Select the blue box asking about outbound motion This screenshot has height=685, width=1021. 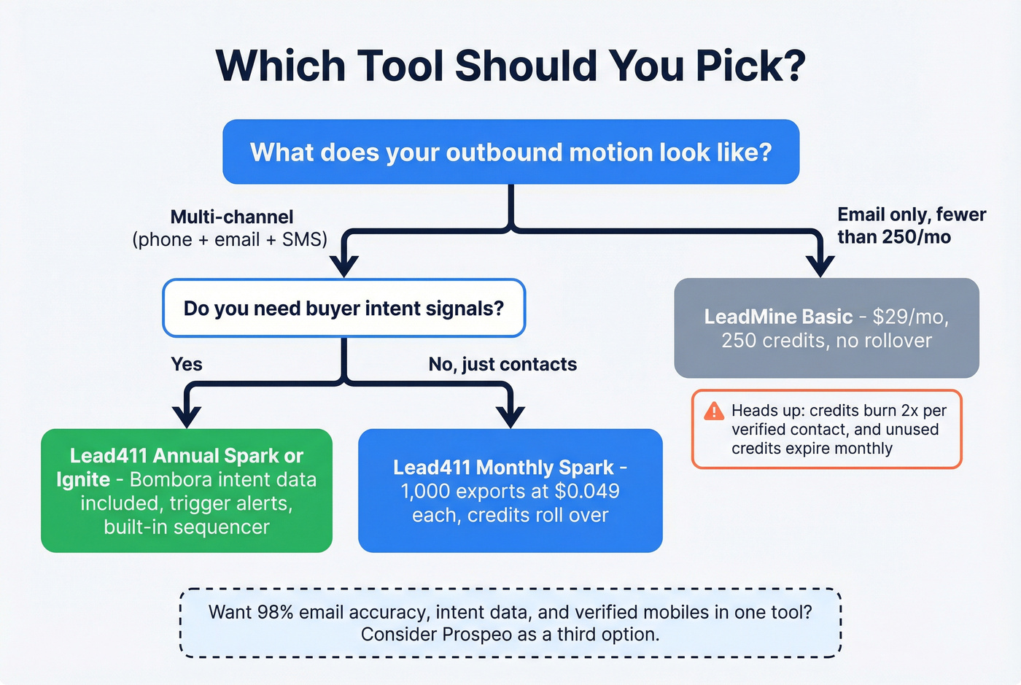pos(510,152)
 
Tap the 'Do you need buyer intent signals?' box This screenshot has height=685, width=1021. pos(343,308)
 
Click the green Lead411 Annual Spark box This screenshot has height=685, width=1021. pos(187,490)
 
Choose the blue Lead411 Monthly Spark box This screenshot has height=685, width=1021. pos(510,490)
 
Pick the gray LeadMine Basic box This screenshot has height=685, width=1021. pos(826,328)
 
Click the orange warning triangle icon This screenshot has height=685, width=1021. pos(714,411)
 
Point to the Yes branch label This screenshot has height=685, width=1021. pos(187,364)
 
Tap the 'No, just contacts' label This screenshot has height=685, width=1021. pos(502,364)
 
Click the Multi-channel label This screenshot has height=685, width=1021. pos(231,217)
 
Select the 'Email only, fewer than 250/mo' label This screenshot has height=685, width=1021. pos(911,225)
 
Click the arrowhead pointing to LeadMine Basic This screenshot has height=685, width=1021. pos(820,266)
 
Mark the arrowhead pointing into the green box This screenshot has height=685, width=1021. pos(187,417)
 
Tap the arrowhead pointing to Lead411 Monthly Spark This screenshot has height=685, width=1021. pos(510,417)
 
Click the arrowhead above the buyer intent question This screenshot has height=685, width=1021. pos(343,266)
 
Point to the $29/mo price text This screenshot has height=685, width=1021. pos(909,317)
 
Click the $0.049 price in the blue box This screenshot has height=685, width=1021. pos(585,491)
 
